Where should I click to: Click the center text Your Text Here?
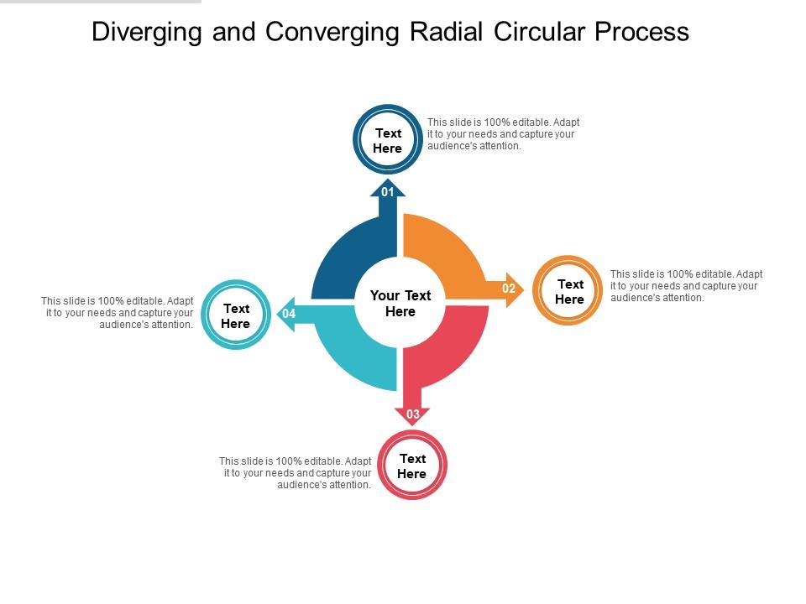[x=400, y=304]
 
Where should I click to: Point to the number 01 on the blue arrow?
[x=388, y=192]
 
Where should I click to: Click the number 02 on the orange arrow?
[x=509, y=289]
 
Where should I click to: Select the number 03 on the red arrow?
[x=413, y=414]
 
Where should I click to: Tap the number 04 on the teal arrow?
[x=289, y=314]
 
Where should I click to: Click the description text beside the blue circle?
[x=503, y=134]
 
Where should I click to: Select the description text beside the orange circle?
[x=686, y=285]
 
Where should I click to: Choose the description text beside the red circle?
[x=296, y=473]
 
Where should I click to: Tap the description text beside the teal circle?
[x=118, y=312]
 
